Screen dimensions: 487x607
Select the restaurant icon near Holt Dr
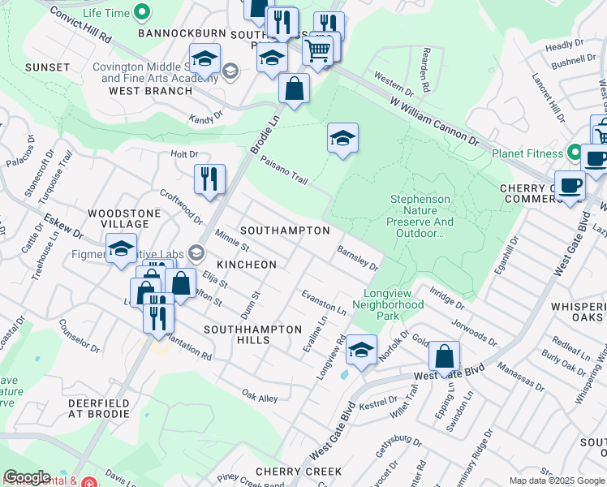point(209,179)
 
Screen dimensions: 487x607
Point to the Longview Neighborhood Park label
point(388,310)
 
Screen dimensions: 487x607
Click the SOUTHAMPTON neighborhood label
point(284,231)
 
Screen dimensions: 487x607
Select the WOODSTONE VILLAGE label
point(118,218)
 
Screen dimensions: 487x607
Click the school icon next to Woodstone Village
point(121,248)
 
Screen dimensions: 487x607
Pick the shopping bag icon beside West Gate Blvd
point(444,356)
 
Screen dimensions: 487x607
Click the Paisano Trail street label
point(284,170)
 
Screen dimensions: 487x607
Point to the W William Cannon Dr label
point(433,123)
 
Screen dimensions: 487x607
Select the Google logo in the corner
point(27,477)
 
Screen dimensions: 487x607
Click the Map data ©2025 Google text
point(556,481)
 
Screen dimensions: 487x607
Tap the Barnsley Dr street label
point(357,259)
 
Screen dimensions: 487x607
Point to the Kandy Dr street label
point(206,119)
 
